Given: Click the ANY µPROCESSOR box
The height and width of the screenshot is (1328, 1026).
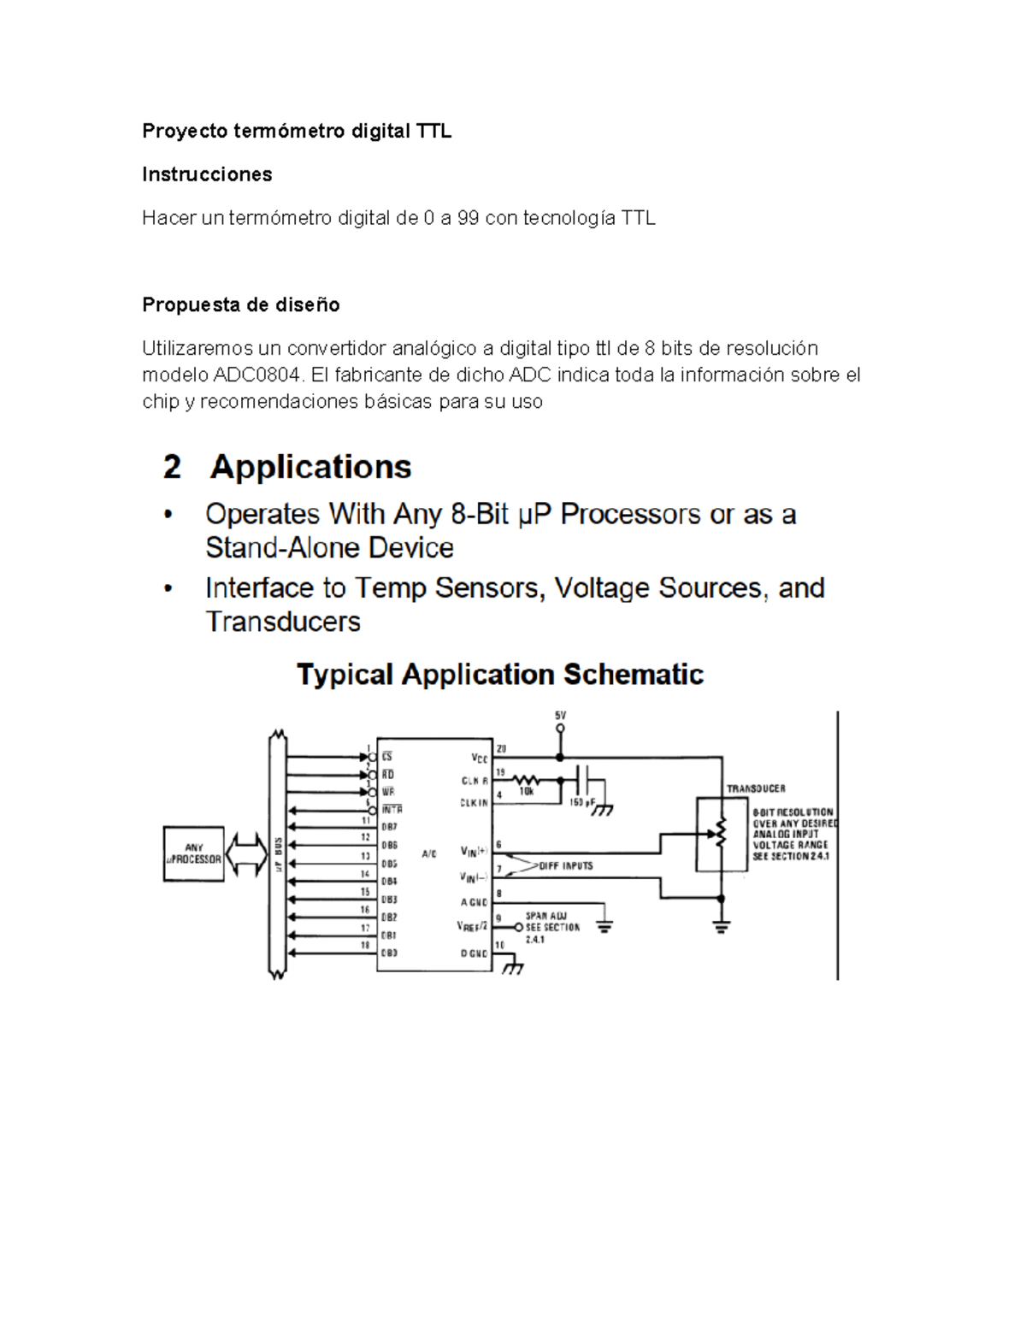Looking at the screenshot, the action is [194, 853].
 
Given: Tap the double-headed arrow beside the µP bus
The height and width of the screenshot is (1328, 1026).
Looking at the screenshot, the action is [247, 853].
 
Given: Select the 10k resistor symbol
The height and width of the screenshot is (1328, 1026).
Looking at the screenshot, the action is [526, 780].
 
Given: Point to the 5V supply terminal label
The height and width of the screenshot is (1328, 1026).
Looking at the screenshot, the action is [560, 716].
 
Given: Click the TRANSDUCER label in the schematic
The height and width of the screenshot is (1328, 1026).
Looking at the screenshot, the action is [756, 788].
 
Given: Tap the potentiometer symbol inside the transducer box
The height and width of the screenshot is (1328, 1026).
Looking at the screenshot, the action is [721, 831].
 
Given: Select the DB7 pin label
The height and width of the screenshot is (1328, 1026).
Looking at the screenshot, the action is [389, 827].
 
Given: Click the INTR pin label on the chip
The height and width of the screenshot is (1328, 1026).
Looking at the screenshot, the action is [392, 809].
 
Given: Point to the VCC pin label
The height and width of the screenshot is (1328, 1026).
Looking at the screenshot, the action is [479, 758].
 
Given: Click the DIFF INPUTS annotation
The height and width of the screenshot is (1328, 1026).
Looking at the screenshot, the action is [565, 865].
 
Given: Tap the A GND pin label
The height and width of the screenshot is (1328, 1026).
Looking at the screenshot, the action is [475, 902].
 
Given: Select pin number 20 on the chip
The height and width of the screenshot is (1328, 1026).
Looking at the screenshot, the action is [502, 748].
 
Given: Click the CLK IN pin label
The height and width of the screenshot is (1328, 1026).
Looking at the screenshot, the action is [475, 803].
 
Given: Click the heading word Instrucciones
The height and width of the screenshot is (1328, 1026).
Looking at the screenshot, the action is [207, 174].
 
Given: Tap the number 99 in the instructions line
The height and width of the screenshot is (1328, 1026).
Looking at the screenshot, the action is [468, 218].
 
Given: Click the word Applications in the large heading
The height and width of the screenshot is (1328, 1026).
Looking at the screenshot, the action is [311, 467].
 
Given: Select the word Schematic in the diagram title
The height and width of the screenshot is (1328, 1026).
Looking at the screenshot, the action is [634, 675].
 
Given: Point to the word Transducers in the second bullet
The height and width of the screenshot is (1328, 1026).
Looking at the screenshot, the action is [283, 621].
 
